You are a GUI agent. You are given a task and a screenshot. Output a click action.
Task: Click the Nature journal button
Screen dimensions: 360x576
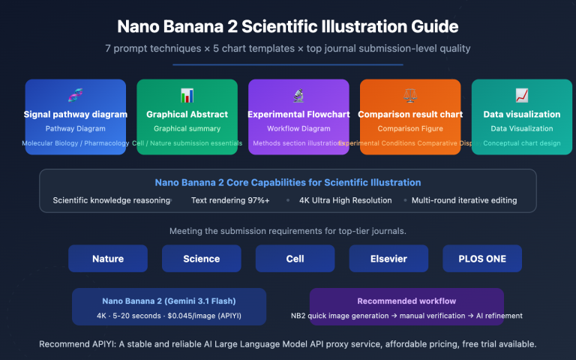click(108, 259)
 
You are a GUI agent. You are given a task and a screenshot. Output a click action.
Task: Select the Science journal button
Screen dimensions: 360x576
click(202, 259)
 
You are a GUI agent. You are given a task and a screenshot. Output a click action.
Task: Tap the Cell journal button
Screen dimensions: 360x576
click(295, 259)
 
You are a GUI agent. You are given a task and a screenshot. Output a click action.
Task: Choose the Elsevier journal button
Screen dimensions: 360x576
click(388, 259)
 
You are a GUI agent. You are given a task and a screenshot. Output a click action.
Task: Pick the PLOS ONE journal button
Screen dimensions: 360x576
click(482, 259)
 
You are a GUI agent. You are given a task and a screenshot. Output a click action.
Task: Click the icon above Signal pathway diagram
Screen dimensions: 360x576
click(75, 95)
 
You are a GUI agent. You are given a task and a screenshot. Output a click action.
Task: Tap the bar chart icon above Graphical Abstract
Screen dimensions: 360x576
click(187, 95)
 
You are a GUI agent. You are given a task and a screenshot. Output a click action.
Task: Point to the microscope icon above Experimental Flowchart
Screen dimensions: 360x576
click(298, 95)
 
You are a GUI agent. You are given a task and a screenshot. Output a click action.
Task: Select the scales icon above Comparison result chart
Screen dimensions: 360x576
click(410, 95)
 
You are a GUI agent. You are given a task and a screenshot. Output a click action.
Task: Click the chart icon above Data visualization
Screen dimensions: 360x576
click(522, 95)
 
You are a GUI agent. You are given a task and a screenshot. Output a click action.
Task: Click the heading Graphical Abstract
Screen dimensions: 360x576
click(187, 115)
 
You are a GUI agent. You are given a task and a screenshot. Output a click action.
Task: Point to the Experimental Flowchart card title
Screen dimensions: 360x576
click(298, 115)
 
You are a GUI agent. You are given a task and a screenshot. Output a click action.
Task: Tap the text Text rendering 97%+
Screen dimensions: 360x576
click(230, 200)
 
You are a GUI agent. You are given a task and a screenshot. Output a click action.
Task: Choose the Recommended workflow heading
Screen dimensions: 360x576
click(406, 301)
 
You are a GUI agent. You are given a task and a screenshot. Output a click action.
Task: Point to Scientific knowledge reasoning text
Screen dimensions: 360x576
click(112, 200)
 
